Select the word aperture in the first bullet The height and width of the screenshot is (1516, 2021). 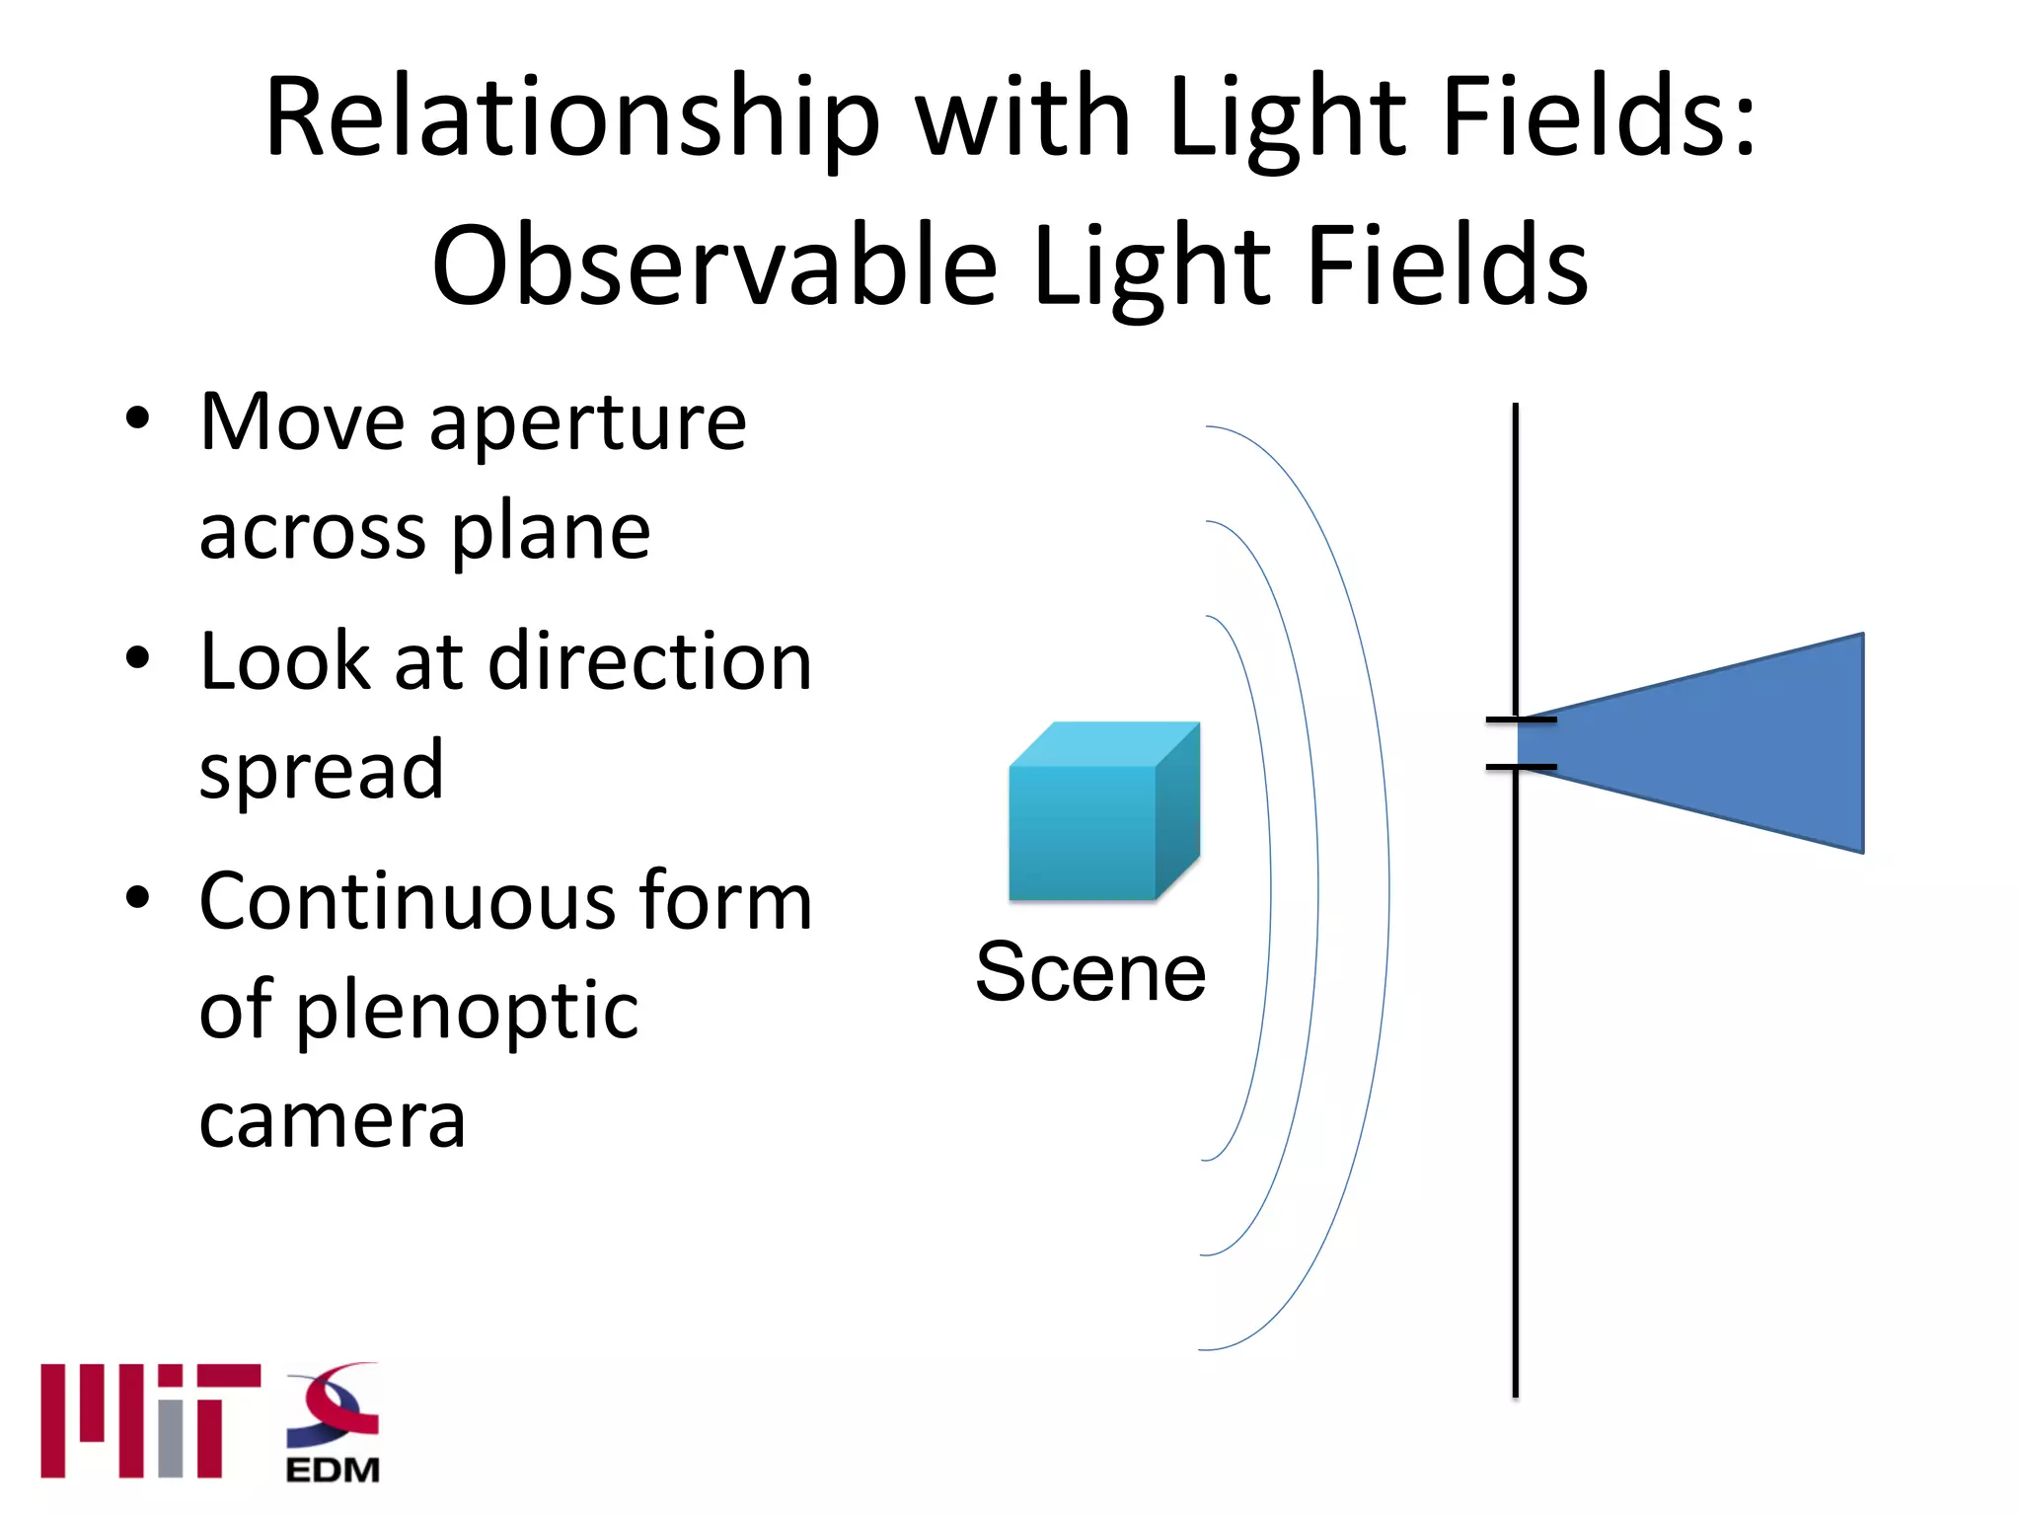coord(588,424)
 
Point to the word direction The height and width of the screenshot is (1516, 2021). coord(650,661)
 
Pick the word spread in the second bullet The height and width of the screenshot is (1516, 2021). coord(322,771)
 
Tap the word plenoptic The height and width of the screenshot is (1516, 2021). coord(468,1012)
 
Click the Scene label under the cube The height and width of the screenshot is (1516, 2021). coord(1090,972)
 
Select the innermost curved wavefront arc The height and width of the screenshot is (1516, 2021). coord(1270,888)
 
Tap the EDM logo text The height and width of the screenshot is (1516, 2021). coord(333,1470)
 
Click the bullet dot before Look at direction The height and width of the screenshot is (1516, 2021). coord(138,658)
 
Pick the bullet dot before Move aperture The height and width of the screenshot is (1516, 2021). coord(138,418)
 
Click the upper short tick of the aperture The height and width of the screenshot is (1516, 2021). coord(1521,720)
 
